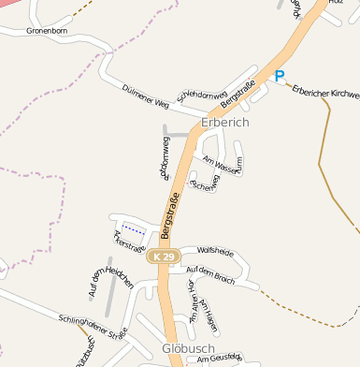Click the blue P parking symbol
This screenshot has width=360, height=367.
coord(280,76)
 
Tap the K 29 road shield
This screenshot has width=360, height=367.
coord(163,256)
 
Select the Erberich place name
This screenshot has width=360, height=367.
coord(225,123)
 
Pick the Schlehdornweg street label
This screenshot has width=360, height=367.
coord(202,95)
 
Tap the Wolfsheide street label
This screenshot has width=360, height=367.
coord(213,251)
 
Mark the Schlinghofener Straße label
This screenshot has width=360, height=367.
coord(92,326)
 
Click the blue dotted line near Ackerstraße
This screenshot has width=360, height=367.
coord(134,228)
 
